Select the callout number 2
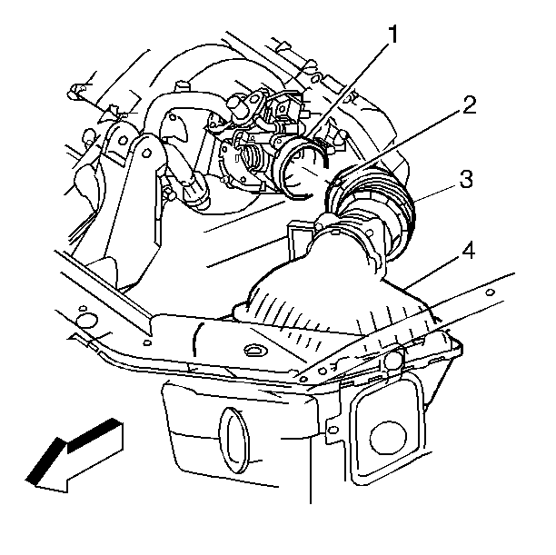[x=469, y=104]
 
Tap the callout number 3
[x=466, y=180]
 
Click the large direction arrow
[x=74, y=457]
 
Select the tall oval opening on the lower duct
[x=233, y=440]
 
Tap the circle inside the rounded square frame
[x=388, y=439]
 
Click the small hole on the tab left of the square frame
[x=333, y=431]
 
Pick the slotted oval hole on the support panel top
[x=253, y=350]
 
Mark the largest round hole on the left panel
[x=86, y=322]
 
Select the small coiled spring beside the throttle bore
[x=253, y=159]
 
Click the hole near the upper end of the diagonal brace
[x=491, y=292]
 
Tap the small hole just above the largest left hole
[x=83, y=308]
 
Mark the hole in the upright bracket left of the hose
[x=123, y=140]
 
